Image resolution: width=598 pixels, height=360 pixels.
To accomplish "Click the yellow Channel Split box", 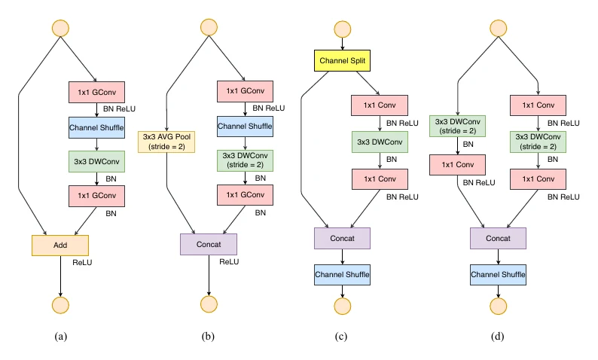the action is click(342, 61).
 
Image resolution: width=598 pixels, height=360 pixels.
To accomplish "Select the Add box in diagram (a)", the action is click(60, 246).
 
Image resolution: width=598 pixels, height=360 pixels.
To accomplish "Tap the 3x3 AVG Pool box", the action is click(166, 142).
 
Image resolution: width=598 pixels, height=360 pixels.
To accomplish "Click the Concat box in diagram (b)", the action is click(209, 245).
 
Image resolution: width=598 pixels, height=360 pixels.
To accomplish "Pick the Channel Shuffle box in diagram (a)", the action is click(96, 128).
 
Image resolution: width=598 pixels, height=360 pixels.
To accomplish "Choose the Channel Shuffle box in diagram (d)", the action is click(498, 275).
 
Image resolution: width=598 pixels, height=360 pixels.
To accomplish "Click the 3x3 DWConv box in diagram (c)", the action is click(380, 142).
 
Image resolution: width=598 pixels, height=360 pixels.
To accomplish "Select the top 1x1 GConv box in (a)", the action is click(96, 93).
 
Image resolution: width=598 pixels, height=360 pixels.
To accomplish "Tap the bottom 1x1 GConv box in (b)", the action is click(246, 195).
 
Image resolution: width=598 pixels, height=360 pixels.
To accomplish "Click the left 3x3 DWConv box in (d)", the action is click(458, 126).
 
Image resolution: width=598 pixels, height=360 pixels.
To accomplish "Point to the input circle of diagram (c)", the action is click(343, 29).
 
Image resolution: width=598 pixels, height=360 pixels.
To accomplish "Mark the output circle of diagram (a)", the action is click(61, 305).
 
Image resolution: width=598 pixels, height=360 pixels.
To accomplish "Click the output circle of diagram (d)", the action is click(498, 306).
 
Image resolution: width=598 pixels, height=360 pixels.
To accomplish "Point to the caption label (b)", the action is click(208, 337).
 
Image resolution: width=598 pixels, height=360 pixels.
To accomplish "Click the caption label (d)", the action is click(497, 337).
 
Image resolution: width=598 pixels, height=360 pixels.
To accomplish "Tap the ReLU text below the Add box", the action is click(82, 262).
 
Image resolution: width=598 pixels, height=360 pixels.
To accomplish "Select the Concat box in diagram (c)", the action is click(342, 238).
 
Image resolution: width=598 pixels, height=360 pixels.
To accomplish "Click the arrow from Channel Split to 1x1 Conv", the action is click(368, 83).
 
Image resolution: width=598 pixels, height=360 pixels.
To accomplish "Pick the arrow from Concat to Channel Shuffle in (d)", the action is click(498, 257).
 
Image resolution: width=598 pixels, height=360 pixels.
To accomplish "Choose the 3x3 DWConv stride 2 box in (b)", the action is click(246, 160).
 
